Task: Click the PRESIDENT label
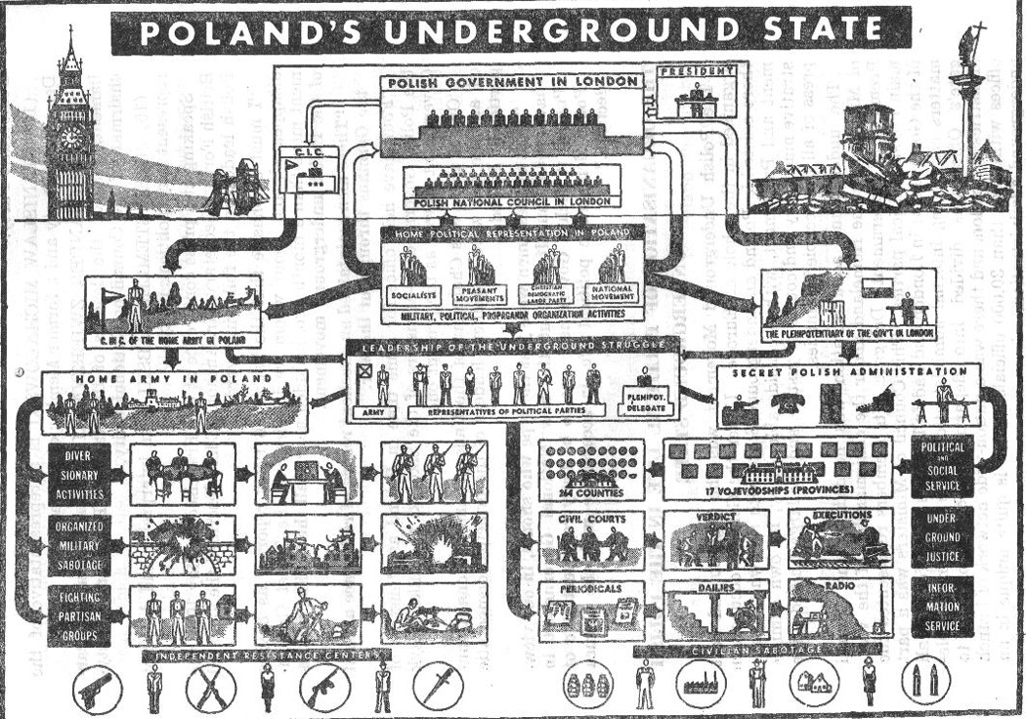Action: (696, 72)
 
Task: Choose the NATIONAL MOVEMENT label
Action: (614, 292)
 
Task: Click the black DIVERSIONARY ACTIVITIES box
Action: (77, 475)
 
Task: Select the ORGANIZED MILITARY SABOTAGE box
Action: (77, 543)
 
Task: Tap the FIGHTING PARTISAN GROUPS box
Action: (77, 613)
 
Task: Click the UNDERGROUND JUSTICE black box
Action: (941, 537)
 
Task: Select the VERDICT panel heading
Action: (713, 518)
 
